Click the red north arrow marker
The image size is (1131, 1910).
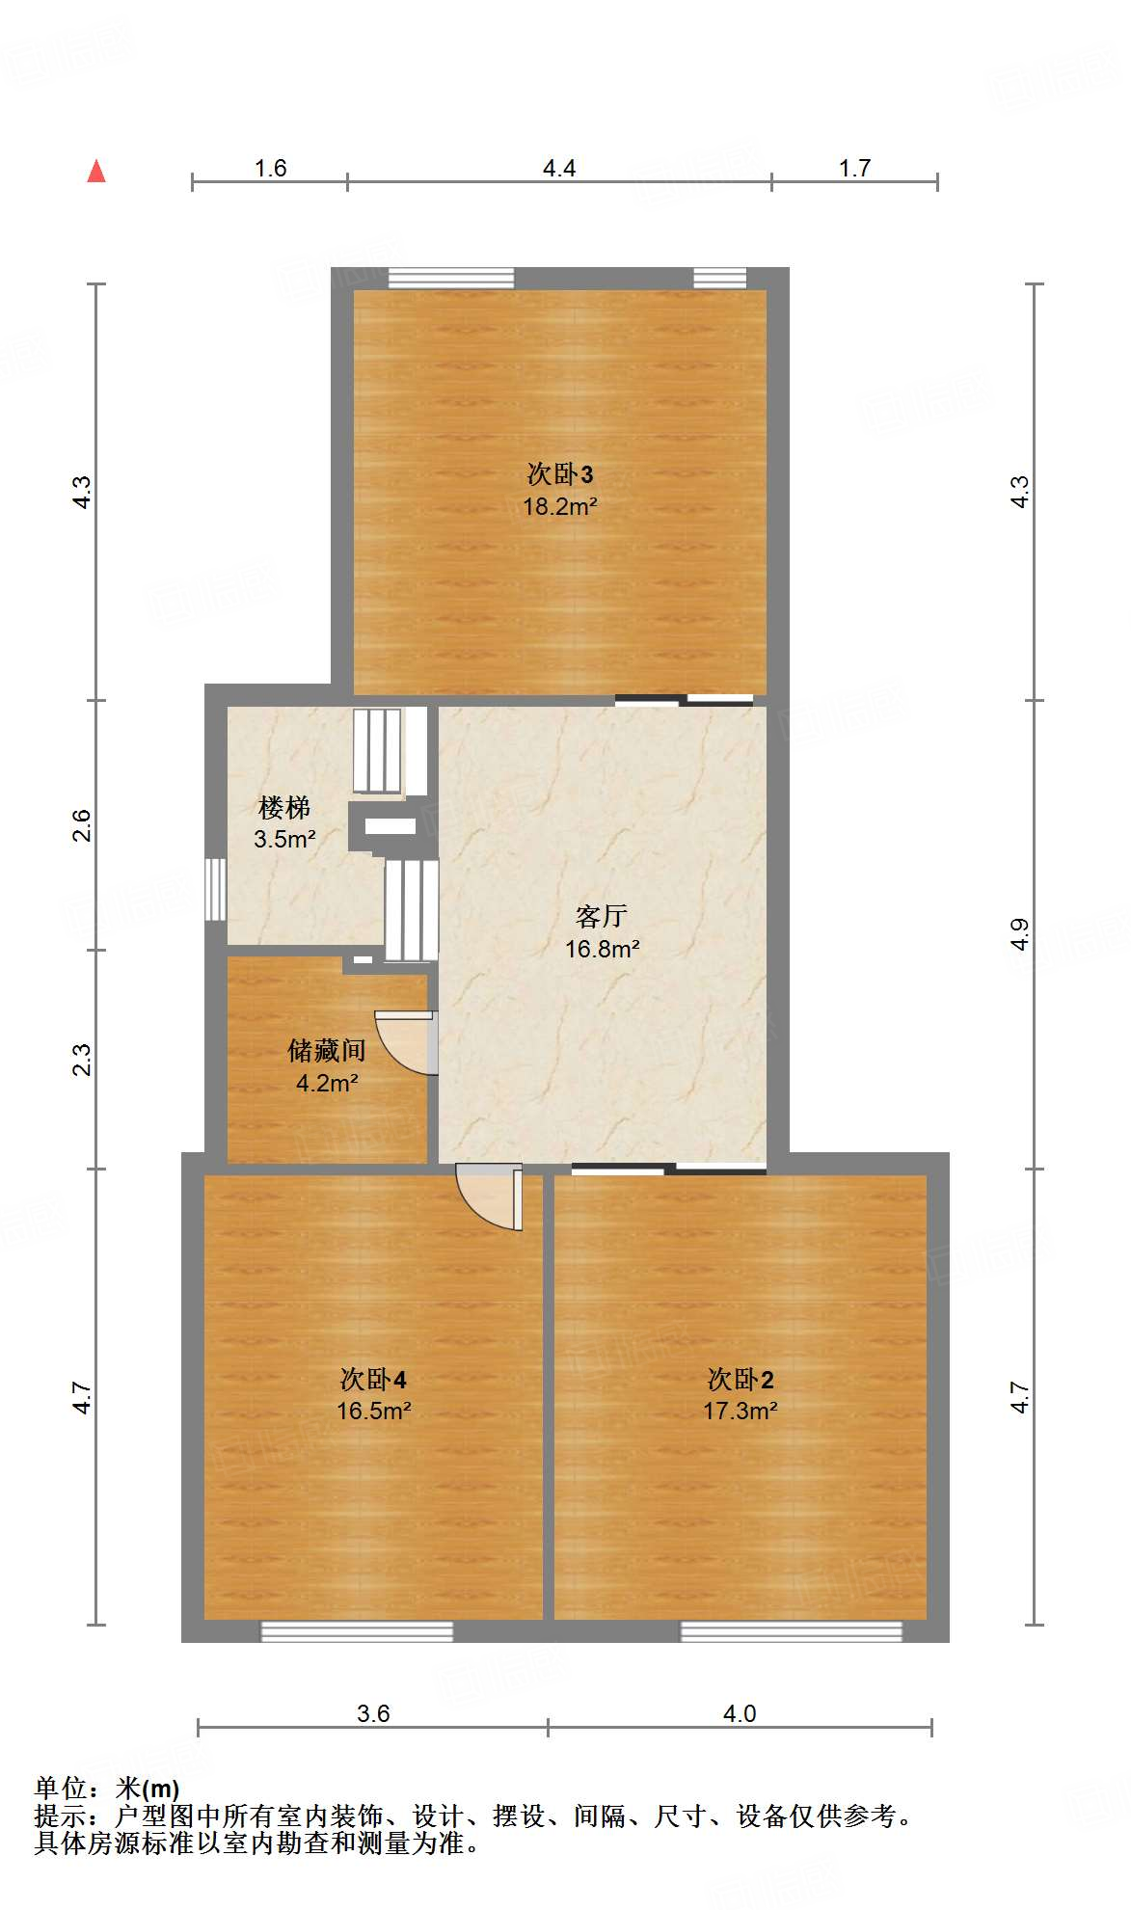click(96, 172)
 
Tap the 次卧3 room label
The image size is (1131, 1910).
click(559, 474)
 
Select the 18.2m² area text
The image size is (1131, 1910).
click(559, 506)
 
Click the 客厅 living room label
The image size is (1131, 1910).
click(602, 915)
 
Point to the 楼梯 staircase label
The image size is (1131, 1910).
click(284, 807)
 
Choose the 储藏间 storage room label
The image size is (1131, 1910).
click(327, 1050)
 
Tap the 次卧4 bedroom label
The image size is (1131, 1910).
click(373, 1379)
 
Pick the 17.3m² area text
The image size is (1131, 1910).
click(740, 1411)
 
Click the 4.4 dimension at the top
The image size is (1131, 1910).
click(559, 169)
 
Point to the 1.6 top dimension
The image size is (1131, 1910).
click(270, 169)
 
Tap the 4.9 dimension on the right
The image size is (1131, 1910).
click(1020, 933)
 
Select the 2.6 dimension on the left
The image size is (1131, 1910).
click(83, 825)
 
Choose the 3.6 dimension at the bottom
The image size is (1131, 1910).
click(373, 1713)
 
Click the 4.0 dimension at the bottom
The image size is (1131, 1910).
click(740, 1713)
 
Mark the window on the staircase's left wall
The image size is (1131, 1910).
click(216, 888)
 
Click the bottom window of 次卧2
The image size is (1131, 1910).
click(791, 1630)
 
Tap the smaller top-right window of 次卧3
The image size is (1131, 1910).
click(720, 279)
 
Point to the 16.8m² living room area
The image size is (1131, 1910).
click(602, 949)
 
